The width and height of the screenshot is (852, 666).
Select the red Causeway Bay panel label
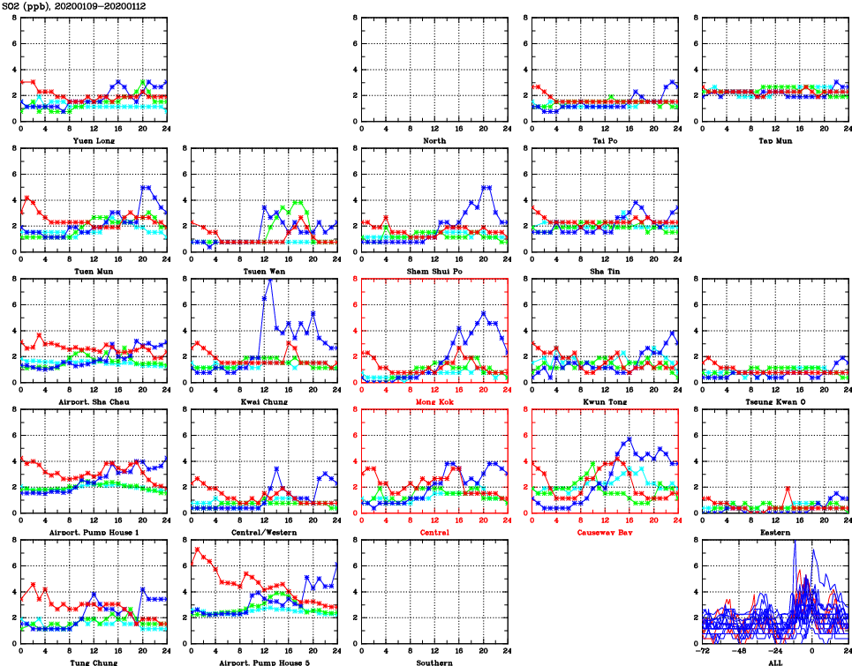[x=604, y=532]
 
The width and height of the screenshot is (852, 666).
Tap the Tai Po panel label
[x=604, y=140]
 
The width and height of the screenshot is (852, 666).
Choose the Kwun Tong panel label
[x=604, y=401]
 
